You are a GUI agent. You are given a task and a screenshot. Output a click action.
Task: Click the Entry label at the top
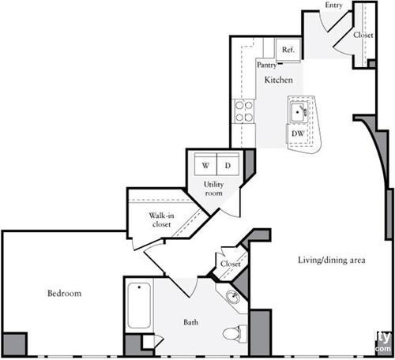pyautogui.click(x=334, y=6)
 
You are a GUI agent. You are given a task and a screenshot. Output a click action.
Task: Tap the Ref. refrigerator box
pyautogui.click(x=288, y=49)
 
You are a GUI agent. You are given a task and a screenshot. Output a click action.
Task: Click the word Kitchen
pyautogui.click(x=279, y=81)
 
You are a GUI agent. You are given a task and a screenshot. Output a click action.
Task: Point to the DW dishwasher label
pyautogui.click(x=297, y=133)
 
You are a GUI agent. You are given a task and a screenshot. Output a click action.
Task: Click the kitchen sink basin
pyautogui.click(x=299, y=112)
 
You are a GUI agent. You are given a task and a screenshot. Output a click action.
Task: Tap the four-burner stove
pyautogui.click(x=245, y=111)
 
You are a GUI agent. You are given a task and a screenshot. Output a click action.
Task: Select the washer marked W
pyautogui.click(x=205, y=166)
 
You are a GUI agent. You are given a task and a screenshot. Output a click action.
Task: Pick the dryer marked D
pyautogui.click(x=228, y=166)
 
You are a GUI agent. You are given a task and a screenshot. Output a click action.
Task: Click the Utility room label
pyautogui.click(x=214, y=189)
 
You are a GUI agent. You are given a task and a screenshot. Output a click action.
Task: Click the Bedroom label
pyautogui.click(x=64, y=294)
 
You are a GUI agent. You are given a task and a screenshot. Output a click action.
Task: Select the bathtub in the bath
pyautogui.click(x=139, y=306)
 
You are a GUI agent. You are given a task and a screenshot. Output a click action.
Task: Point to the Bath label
pyautogui.click(x=192, y=322)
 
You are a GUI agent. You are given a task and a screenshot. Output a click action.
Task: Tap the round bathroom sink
pyautogui.click(x=234, y=298)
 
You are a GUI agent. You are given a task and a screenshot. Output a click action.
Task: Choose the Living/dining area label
pyautogui.click(x=331, y=260)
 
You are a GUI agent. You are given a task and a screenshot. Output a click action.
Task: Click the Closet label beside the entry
pyautogui.click(x=363, y=36)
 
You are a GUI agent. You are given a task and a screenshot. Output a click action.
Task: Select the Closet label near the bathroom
pyautogui.click(x=231, y=264)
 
